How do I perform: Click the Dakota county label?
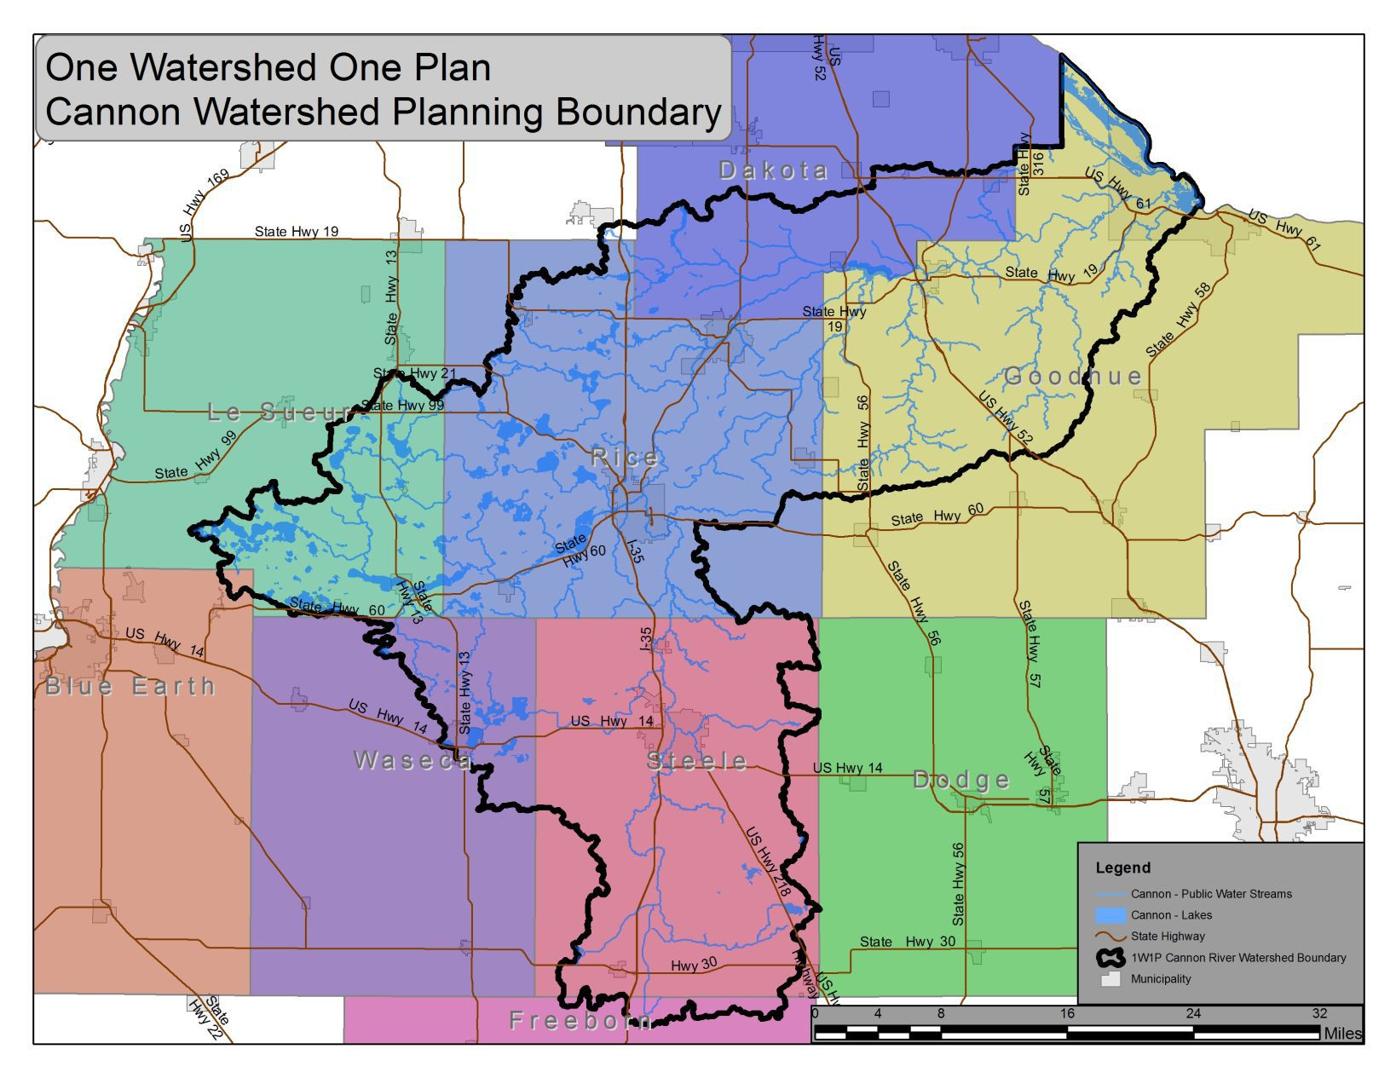(x=773, y=171)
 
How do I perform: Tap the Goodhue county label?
(x=1072, y=377)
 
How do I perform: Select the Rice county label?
(x=625, y=458)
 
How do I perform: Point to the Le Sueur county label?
(x=281, y=412)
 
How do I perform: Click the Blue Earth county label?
(x=130, y=686)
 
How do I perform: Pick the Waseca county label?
(x=413, y=761)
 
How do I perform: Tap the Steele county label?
(x=697, y=762)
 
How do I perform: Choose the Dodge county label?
(x=961, y=780)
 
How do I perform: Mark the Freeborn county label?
(x=580, y=1020)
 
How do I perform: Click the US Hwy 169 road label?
(x=204, y=204)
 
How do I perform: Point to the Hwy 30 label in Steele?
(x=694, y=965)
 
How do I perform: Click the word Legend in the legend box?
(x=1123, y=868)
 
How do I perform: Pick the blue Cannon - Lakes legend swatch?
(x=1111, y=915)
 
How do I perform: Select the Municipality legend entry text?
(x=1161, y=979)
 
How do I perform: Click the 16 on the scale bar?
(x=1067, y=1014)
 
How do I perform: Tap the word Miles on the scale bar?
(x=1342, y=1033)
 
